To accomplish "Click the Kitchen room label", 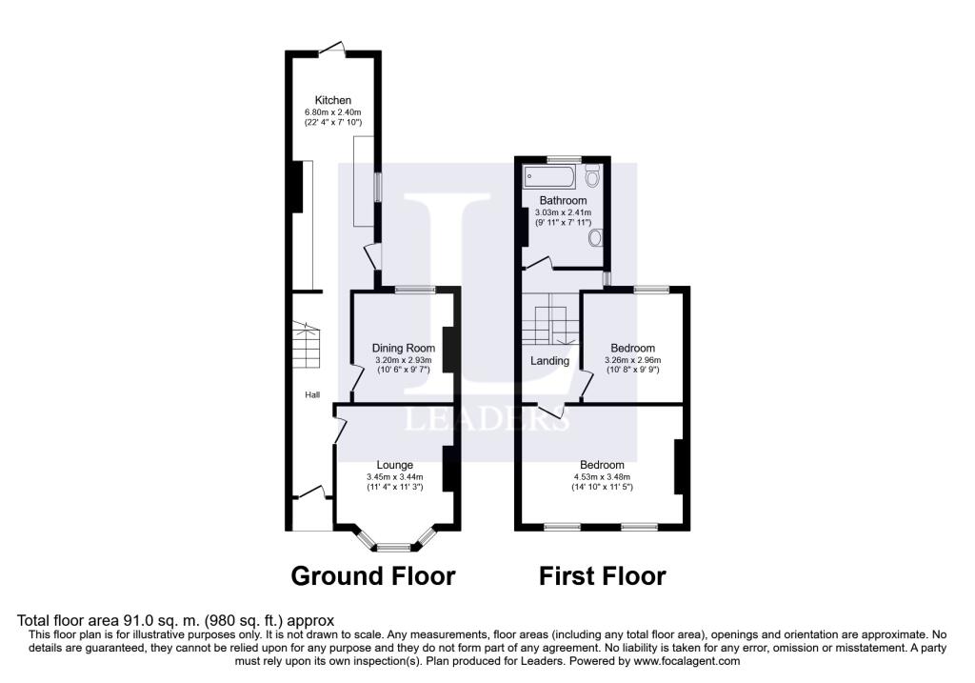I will pyautogui.click(x=333, y=100).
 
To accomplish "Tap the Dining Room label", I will pyautogui.click(x=403, y=348).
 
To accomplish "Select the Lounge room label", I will pyautogui.click(x=393, y=465).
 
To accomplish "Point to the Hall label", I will pyautogui.click(x=311, y=395).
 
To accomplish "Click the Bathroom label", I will pyautogui.click(x=563, y=201).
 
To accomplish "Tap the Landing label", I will pyautogui.click(x=549, y=361).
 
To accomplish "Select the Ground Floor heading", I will pyautogui.click(x=372, y=576).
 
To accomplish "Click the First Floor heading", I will pyautogui.click(x=602, y=576).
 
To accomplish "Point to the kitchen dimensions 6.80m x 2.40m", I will pyautogui.click(x=333, y=112).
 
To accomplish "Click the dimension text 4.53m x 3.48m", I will pyautogui.click(x=603, y=477).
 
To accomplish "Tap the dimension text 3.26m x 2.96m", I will pyautogui.click(x=632, y=360).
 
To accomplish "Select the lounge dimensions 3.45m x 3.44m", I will pyautogui.click(x=394, y=477).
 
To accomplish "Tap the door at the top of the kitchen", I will pyautogui.click(x=331, y=48).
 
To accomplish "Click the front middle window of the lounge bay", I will pyautogui.click(x=393, y=548).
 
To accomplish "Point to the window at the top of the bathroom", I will pyautogui.click(x=564, y=157).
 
